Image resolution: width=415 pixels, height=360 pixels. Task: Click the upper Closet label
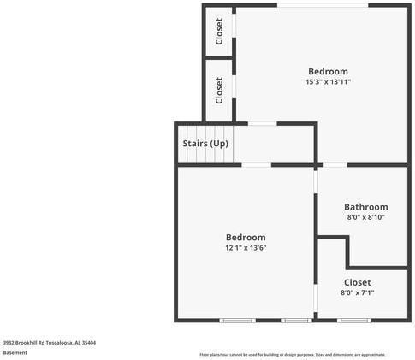(x=220, y=31)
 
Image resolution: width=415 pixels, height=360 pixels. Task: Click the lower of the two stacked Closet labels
(x=220, y=89)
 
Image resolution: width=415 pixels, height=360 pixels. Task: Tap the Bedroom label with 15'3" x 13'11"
(x=328, y=71)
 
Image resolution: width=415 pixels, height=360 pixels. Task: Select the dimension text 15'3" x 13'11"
(x=328, y=82)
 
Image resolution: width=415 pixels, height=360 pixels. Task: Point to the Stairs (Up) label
(x=205, y=143)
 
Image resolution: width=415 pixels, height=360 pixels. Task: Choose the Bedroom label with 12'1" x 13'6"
(x=246, y=237)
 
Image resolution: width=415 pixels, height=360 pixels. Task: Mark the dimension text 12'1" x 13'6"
(x=246, y=248)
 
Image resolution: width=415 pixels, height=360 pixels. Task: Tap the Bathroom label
(x=365, y=206)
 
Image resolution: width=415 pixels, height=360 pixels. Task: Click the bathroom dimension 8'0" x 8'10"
(x=365, y=217)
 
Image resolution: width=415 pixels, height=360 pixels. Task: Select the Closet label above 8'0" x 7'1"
(x=357, y=281)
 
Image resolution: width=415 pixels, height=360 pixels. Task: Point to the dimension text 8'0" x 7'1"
(x=357, y=292)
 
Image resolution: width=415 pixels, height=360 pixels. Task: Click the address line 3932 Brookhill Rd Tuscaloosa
(x=49, y=342)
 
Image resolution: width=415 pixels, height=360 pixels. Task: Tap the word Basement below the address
(x=15, y=352)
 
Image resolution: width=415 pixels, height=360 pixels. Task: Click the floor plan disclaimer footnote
(x=293, y=354)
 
